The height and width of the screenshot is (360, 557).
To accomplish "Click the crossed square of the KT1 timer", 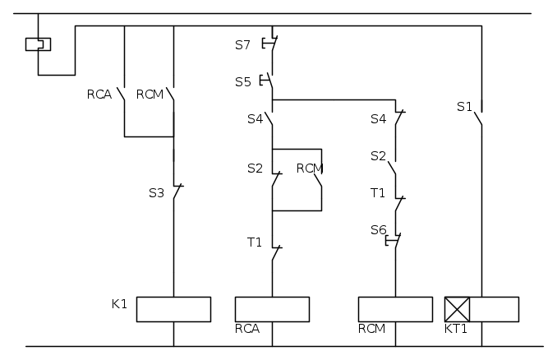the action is pos(457,309).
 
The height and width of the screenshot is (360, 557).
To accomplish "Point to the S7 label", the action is pos(242,45).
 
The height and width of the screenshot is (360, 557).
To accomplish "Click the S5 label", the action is pos(243,82).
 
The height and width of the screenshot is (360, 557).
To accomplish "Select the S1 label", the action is pos(464,107).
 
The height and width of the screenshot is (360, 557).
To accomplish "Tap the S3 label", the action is pos(156,193).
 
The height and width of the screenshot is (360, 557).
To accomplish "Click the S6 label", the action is pos(379,230).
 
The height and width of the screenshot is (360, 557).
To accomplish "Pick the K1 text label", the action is pos(119,304).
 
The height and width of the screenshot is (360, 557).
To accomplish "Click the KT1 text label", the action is pos(456,329).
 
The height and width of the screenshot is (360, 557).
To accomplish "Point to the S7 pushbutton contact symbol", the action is pos(270,44).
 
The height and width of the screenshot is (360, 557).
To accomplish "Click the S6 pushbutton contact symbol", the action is pos(394,240).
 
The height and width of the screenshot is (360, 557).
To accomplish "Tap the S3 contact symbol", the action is pos(177,192).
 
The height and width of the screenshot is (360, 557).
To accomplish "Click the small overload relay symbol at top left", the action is pos(38,44).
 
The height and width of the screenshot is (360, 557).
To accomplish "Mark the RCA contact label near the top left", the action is pos(99,95).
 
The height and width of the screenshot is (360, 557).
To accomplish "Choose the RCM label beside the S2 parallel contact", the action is pos(310,168).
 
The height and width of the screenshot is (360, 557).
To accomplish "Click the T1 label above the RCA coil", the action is pos(255,242).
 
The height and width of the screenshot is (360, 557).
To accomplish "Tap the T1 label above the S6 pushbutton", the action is pos(378,193).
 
